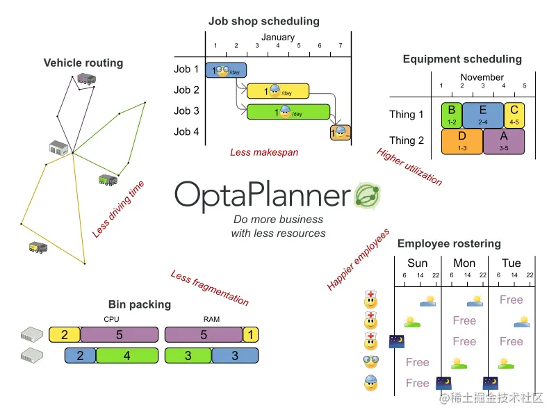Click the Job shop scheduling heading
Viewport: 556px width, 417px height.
[x=263, y=21]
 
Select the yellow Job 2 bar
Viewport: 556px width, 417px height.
[x=278, y=90]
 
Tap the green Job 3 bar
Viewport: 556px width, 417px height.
[x=288, y=112]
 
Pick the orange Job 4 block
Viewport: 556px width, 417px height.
[x=340, y=132]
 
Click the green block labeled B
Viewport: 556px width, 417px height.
[x=452, y=114]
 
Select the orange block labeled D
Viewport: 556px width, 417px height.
[x=462, y=140]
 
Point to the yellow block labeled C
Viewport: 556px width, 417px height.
[x=514, y=114]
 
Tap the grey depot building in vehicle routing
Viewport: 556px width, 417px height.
[x=59, y=148]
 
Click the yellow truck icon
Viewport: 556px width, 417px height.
[x=38, y=246]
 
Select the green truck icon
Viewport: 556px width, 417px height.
[x=108, y=180]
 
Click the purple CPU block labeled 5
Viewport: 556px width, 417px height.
[x=120, y=335]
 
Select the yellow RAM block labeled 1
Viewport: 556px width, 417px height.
[x=250, y=335]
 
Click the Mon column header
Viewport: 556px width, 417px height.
[x=464, y=263]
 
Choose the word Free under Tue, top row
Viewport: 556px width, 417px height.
[x=511, y=300]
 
